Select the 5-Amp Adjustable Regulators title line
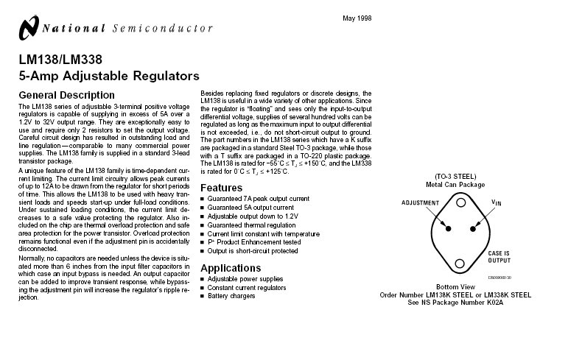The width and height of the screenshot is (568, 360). click(x=109, y=76)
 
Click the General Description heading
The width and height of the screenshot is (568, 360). click(x=66, y=95)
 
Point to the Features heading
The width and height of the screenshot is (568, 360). click(x=222, y=188)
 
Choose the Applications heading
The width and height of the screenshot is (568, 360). click(x=231, y=267)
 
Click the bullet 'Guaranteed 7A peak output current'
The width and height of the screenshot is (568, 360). click(x=258, y=199)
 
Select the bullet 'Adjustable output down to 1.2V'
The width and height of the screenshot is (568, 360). click(x=253, y=216)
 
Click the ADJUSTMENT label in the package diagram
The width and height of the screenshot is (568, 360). click(x=420, y=202)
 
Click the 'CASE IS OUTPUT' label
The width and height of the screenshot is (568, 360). click(x=499, y=256)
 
